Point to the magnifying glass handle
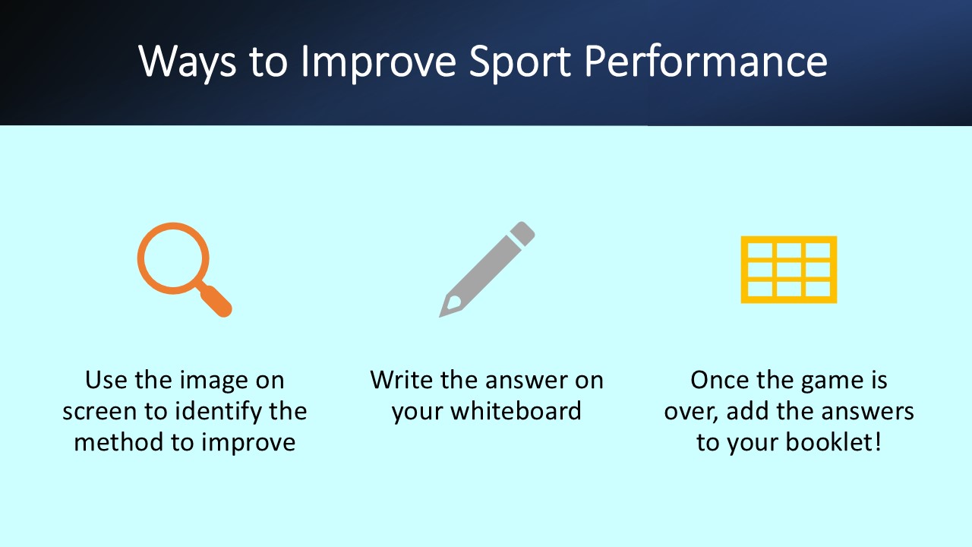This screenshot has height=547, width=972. click(218, 302)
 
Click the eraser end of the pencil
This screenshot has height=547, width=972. click(523, 232)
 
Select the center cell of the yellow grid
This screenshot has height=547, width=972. click(788, 270)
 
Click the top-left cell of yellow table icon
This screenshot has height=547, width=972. click(759, 251)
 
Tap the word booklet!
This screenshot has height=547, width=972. click(834, 442)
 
